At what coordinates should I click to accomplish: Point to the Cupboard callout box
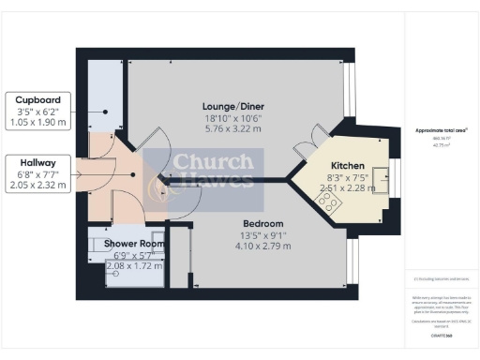tap(37, 111)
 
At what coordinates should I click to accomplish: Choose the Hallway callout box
tap(37, 173)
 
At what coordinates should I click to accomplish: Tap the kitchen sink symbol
tap(382, 176)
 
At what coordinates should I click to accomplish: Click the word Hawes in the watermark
tap(218, 179)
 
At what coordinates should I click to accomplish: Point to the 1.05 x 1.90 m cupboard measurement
tap(37, 122)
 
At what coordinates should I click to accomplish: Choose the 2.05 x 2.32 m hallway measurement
tap(37, 186)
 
